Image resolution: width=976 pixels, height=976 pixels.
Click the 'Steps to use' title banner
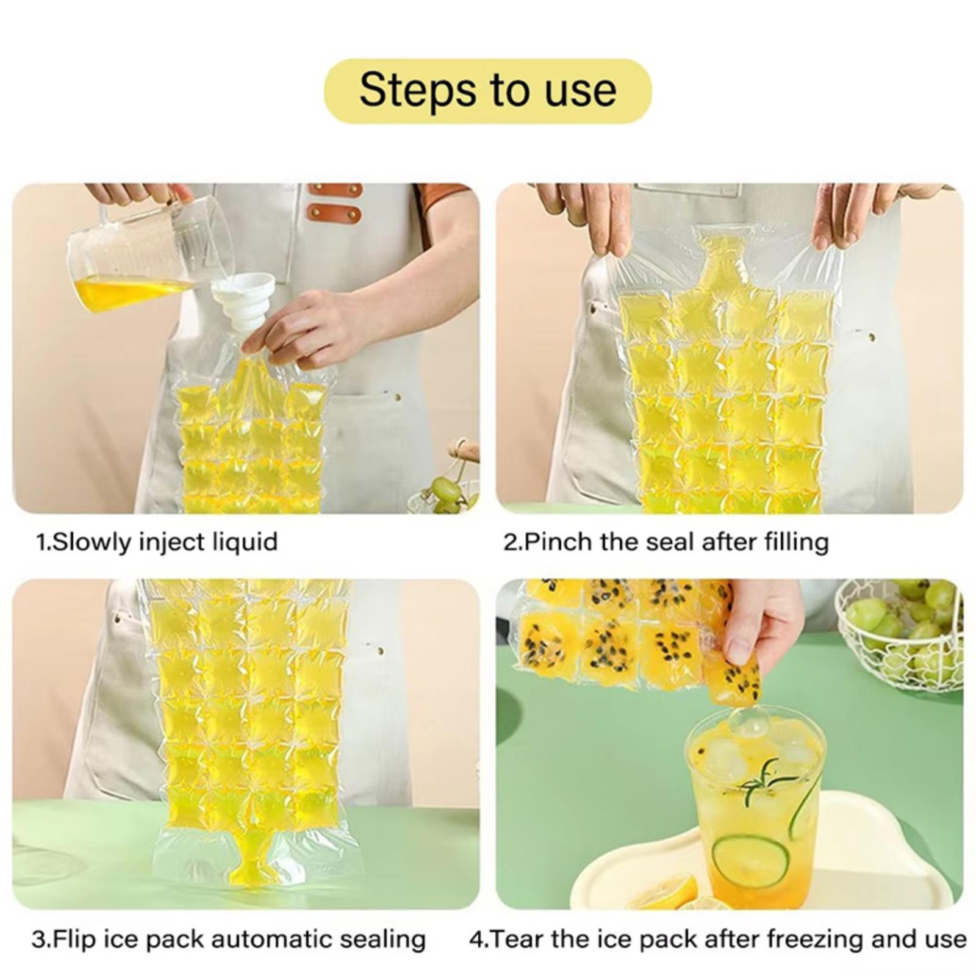tap(487, 91)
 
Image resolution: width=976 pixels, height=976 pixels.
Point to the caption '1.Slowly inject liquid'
tap(157, 542)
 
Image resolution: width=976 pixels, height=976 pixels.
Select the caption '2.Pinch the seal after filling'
tap(666, 542)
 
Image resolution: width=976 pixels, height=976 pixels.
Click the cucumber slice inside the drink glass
tap(750, 862)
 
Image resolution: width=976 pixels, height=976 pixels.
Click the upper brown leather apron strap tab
tap(335, 190)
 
